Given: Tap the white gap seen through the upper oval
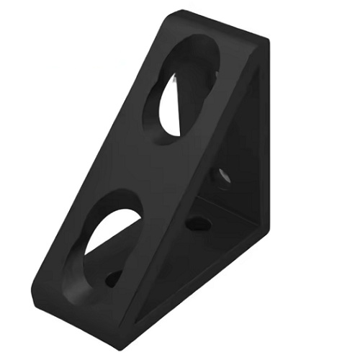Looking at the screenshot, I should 171,108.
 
